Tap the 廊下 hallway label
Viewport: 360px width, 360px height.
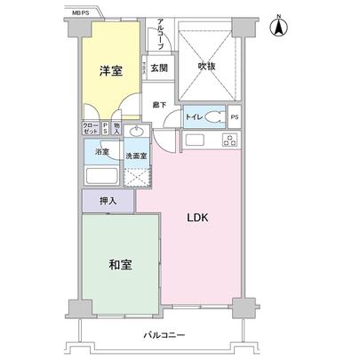(x=157, y=104)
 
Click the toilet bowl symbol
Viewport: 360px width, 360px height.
(x=213, y=116)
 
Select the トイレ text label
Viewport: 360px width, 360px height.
(x=193, y=116)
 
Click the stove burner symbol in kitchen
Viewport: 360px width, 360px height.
(x=229, y=140)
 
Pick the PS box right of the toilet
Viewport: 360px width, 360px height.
(x=235, y=116)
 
